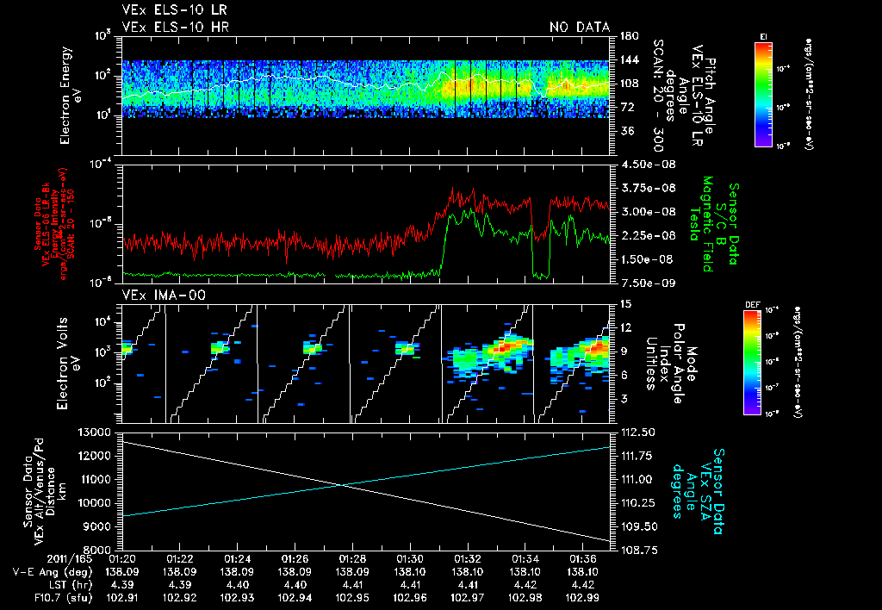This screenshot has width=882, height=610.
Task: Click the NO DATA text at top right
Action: (x=580, y=27)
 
